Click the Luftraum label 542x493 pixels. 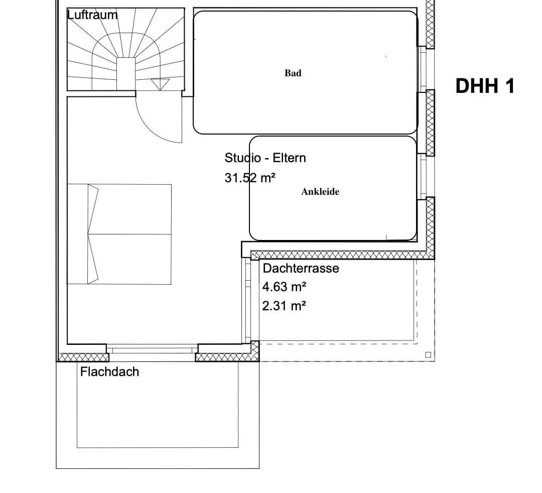(92, 15)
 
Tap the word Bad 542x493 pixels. (293, 73)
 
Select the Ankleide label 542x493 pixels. (320, 192)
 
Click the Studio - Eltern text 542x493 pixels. (265, 158)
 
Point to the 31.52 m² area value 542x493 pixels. (250, 178)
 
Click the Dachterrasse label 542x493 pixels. (301, 268)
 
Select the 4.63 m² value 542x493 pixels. (284, 287)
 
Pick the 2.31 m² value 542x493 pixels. (284, 305)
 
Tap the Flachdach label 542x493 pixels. (109, 372)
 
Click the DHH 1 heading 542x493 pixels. (485, 86)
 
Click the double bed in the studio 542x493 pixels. (119, 234)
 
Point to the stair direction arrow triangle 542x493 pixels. (160, 84)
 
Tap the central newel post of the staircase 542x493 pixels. (126, 74)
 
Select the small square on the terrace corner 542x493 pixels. (428, 354)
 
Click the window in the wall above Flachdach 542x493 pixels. (152, 349)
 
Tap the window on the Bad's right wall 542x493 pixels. (423, 69)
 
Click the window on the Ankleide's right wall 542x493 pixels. (423, 176)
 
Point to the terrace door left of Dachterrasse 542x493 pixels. (247, 300)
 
